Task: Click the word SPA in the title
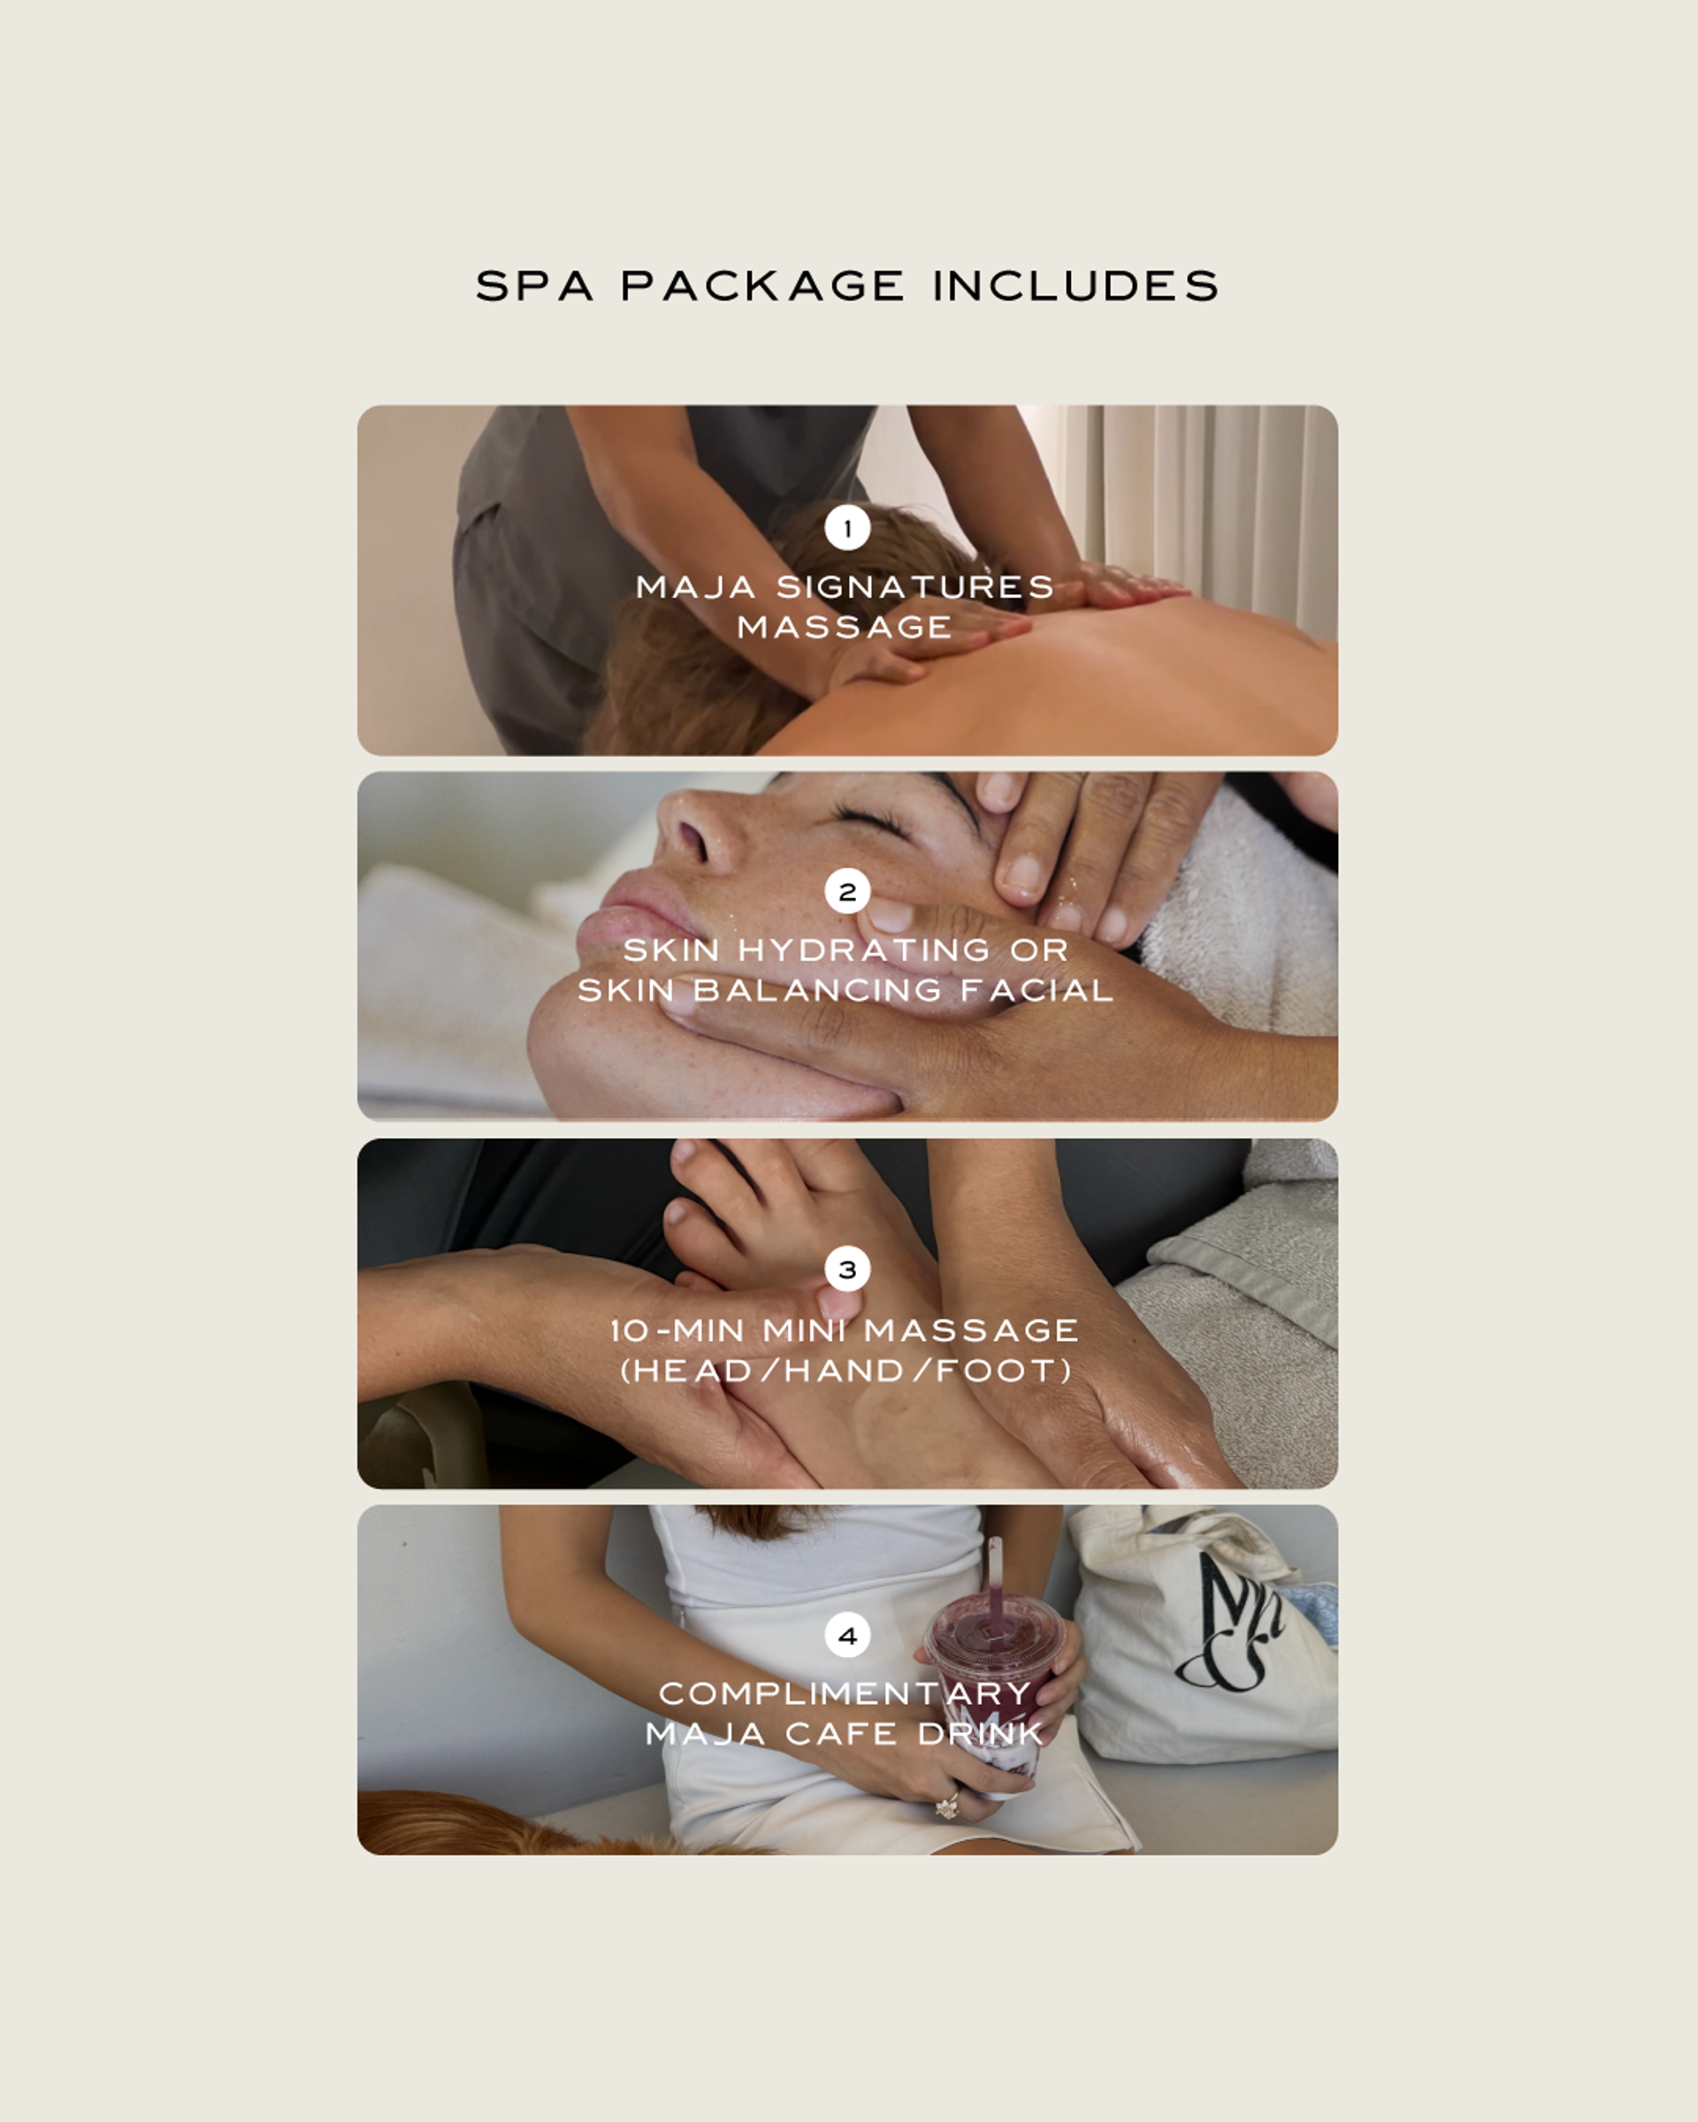534,286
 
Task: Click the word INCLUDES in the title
1076,286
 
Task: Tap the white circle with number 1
847,529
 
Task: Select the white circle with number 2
847,892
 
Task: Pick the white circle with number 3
847,1270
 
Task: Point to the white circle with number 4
847,1636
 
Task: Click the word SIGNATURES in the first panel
915,588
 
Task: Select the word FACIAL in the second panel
1036,990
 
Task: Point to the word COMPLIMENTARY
845,1694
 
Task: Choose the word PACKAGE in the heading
763,286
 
